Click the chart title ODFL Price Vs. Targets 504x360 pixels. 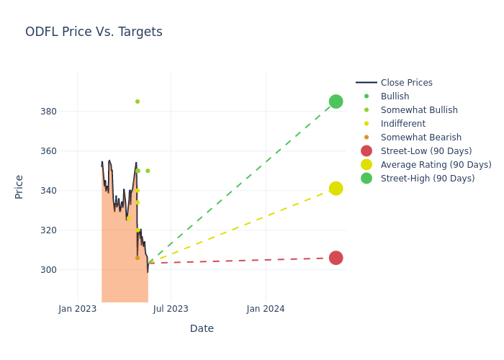(x=94, y=32)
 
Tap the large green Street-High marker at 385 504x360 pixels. (x=336, y=102)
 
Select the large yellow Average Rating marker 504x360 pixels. (x=336, y=189)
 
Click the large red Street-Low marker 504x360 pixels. (x=336, y=258)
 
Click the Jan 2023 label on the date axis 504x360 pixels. (x=78, y=309)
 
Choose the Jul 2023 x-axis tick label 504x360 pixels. (x=171, y=309)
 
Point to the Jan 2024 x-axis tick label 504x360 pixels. (x=266, y=309)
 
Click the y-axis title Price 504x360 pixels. (x=19, y=186)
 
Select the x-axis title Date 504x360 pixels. (x=202, y=329)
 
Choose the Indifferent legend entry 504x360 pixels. (x=402, y=124)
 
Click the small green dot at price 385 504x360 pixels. (x=138, y=102)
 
